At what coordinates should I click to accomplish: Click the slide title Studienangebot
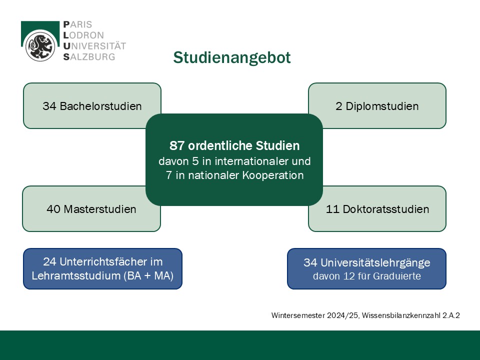[x=231, y=58]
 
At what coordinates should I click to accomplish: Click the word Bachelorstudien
[x=100, y=106]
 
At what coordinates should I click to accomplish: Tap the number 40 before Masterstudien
[x=53, y=209]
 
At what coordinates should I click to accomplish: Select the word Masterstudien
[x=99, y=209]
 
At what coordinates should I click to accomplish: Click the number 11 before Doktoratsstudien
[x=332, y=209]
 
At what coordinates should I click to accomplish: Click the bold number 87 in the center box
[x=177, y=146]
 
